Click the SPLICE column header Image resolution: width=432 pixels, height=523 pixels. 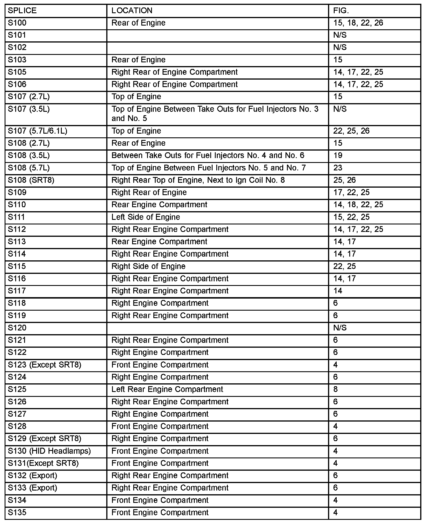point(22,11)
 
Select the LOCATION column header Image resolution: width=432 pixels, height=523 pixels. point(132,11)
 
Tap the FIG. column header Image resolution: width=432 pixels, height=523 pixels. point(341,11)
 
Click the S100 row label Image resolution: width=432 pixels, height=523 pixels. point(17,23)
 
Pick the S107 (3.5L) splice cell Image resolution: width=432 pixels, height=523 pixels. point(29,109)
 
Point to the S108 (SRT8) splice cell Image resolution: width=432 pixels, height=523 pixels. point(31,180)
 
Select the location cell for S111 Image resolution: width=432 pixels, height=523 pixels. point(146,217)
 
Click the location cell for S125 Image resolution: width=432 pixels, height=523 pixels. point(167,389)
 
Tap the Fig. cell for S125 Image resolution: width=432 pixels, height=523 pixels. point(335,389)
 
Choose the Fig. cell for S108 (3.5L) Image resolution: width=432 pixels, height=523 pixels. point(338,155)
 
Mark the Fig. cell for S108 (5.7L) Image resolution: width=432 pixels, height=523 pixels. point(338,168)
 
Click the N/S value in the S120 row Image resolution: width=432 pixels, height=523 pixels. point(340,328)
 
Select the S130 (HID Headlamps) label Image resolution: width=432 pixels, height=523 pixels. point(49,451)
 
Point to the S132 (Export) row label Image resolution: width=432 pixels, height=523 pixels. point(32,476)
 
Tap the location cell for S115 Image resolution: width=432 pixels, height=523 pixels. point(148,266)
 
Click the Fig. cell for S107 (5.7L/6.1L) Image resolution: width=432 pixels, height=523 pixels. point(352,131)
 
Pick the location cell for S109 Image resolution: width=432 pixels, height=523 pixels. point(149,193)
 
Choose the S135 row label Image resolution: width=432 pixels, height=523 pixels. point(17,512)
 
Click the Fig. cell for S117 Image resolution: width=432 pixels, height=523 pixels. point(338,291)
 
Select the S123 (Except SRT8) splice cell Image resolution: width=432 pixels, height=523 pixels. point(45,365)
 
